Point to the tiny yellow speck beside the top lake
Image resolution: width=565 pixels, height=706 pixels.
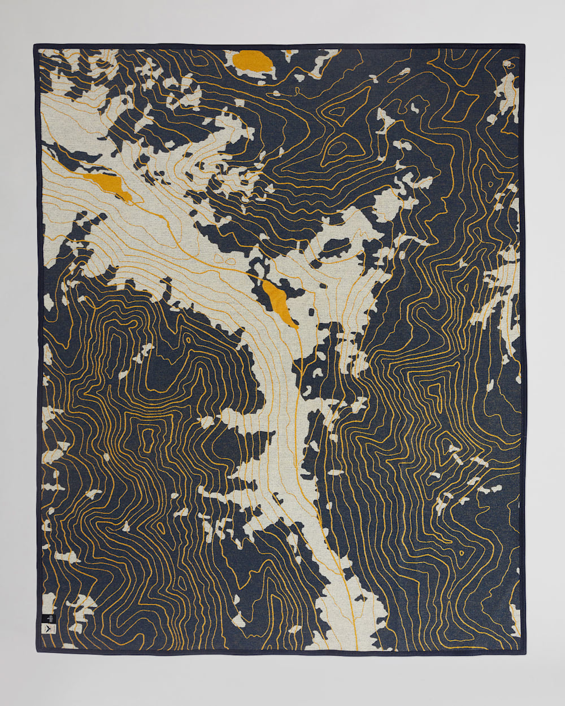click(288, 53)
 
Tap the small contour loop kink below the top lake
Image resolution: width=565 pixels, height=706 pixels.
click(277, 94)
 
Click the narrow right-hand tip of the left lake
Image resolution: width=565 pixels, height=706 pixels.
click(131, 199)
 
